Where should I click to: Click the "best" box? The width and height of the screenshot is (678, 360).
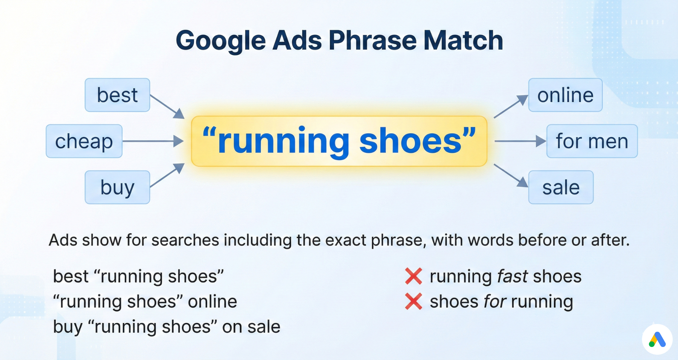(x=117, y=95)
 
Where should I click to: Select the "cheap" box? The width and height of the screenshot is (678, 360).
(x=84, y=141)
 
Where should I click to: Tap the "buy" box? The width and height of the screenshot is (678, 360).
(x=117, y=187)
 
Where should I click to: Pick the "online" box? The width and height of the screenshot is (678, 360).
(x=565, y=95)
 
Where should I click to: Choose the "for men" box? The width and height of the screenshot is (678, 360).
(x=592, y=141)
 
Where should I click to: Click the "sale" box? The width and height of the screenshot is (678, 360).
(x=561, y=187)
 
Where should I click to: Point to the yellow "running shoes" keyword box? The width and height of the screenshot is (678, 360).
(x=339, y=141)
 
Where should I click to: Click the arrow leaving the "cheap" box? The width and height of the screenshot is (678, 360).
(x=153, y=141)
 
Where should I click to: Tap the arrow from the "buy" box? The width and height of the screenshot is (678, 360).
(x=167, y=175)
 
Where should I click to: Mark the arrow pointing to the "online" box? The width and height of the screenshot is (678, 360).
(x=511, y=106)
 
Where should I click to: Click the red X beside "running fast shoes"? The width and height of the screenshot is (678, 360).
(x=414, y=276)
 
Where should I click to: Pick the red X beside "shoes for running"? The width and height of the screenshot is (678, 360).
(x=414, y=301)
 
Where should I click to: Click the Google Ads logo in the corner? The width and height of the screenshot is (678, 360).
(x=657, y=340)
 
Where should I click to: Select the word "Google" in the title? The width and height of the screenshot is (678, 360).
(x=221, y=41)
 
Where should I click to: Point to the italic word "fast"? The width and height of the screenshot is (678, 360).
(x=512, y=276)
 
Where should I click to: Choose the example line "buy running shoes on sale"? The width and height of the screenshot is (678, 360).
(x=166, y=327)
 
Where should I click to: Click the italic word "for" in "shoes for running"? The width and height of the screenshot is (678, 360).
(x=495, y=302)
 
